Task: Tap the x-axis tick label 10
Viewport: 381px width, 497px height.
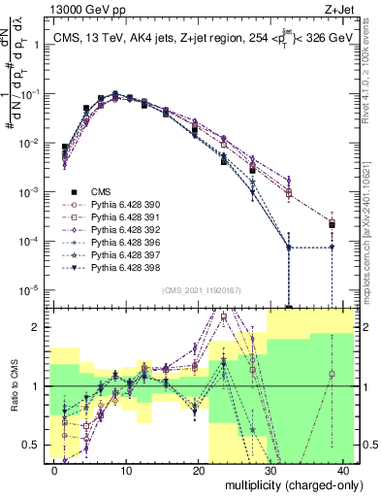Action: coord(126,470)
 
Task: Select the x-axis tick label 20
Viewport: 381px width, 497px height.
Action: coord(199,470)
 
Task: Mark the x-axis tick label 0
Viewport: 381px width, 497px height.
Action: coord(55,470)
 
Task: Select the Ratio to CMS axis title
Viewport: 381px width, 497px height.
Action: coord(14,385)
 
